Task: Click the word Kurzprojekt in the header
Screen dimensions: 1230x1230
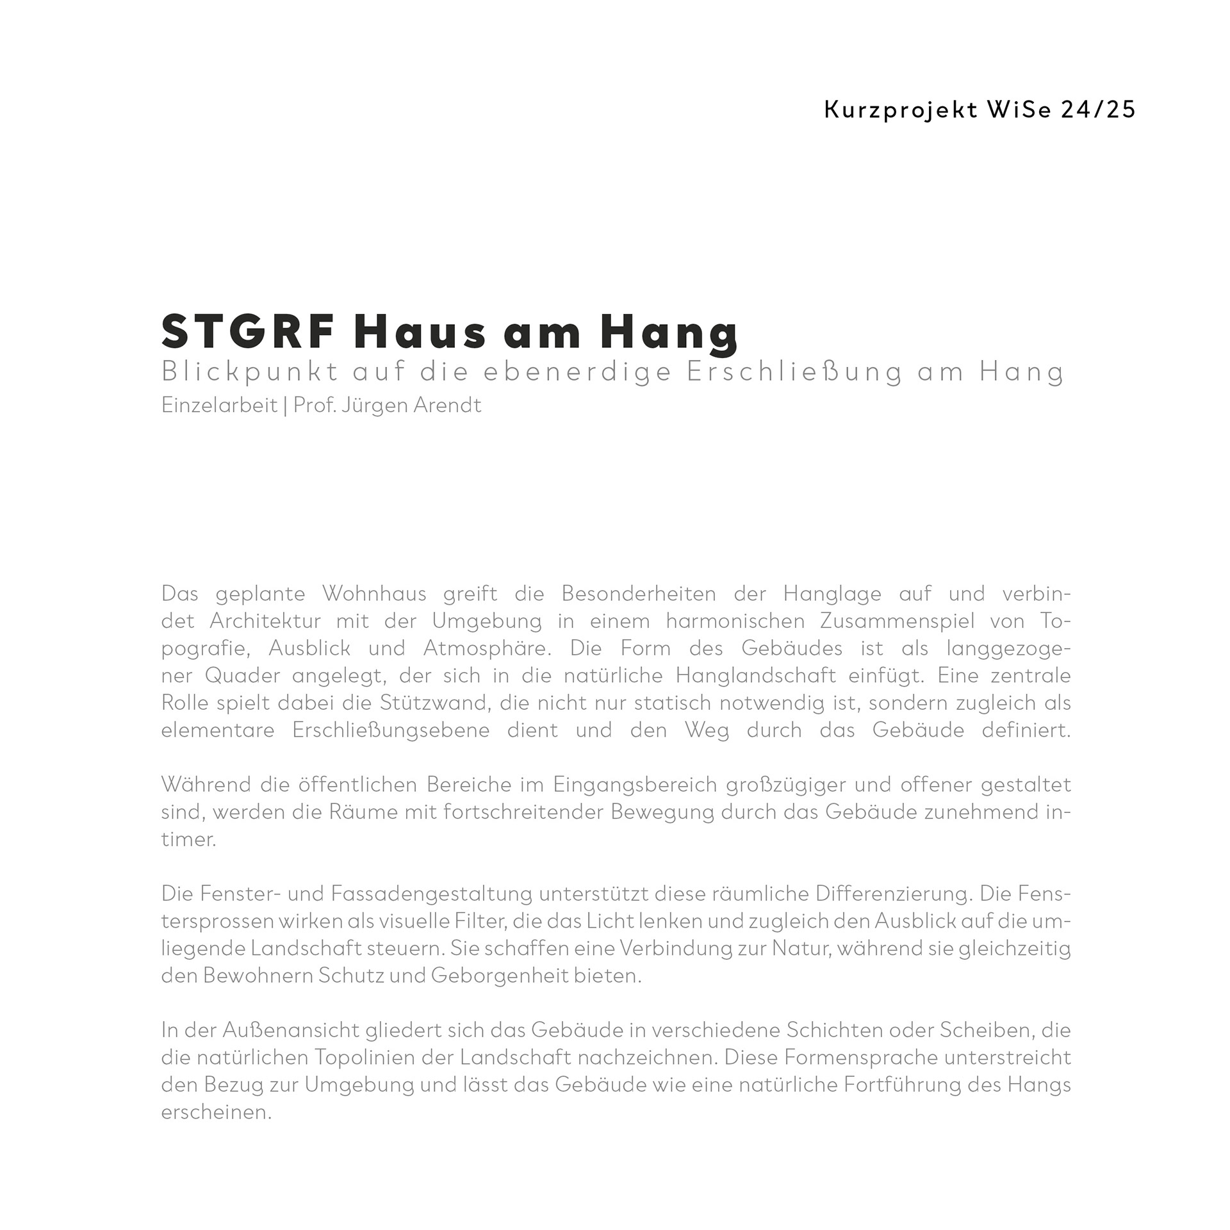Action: click(901, 110)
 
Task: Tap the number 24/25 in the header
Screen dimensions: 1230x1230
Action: click(1098, 110)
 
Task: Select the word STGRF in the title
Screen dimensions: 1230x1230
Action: click(249, 332)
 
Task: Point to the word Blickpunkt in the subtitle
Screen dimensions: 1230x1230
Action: click(250, 372)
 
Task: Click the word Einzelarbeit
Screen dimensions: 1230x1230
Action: click(219, 406)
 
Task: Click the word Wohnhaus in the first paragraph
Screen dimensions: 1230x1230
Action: click(374, 594)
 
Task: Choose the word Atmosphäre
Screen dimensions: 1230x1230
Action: click(487, 648)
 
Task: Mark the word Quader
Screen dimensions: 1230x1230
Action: click(243, 676)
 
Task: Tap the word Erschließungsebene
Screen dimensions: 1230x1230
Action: click(391, 730)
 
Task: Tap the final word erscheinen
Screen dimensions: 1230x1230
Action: click(216, 1112)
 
